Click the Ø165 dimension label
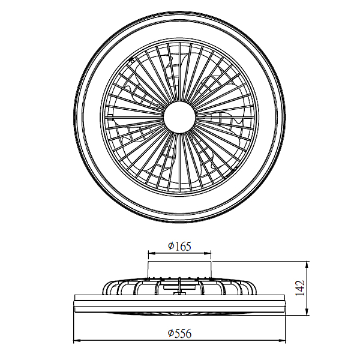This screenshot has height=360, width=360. pos(179,247)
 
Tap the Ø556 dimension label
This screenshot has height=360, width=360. pos(179,333)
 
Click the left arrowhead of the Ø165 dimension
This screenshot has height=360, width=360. pos(152,253)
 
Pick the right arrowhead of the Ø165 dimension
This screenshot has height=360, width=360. pos(208,253)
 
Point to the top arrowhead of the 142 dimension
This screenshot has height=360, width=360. pos(307,265)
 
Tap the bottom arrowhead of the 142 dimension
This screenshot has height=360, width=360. pos(307,312)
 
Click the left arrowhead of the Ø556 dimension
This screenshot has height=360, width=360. pos(77,340)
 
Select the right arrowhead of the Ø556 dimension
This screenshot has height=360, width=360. pos(282,340)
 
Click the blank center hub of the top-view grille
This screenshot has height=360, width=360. pos(179,117)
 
